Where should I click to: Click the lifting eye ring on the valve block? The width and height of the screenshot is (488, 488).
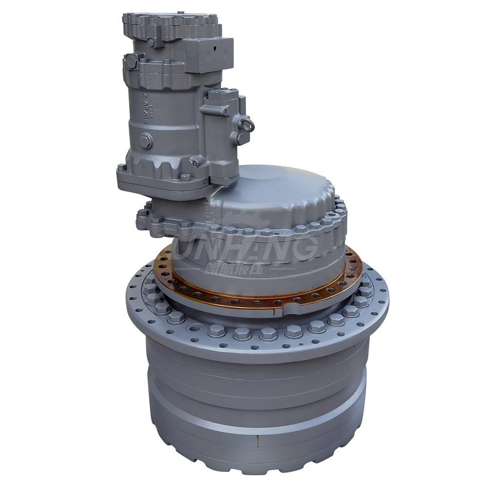click(247, 125)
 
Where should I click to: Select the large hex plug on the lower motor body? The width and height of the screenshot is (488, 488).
click(145, 141)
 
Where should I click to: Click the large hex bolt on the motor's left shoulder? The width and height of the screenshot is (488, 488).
click(131, 61)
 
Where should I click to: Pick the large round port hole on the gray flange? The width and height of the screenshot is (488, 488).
click(195, 327)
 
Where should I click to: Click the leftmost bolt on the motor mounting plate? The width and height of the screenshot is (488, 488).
click(121, 167)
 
